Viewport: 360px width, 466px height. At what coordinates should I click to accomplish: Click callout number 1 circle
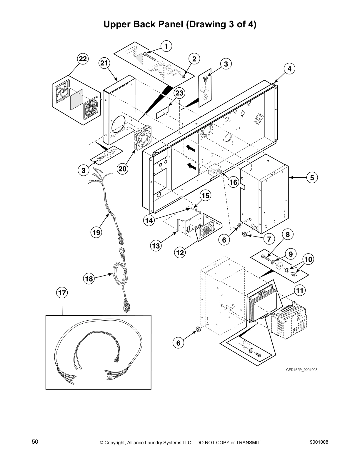(x=166, y=46)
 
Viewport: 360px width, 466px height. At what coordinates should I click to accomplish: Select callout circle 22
(x=83, y=59)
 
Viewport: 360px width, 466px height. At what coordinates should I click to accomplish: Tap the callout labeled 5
(x=312, y=177)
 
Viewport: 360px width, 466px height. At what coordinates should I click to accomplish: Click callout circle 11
(x=300, y=291)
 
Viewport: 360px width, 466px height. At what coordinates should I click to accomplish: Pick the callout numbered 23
(x=179, y=93)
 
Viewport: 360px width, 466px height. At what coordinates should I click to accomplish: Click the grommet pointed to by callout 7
(x=244, y=234)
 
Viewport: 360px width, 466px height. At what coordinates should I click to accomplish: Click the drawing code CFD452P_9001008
(x=302, y=370)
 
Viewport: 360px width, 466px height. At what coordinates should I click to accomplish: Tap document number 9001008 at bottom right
(x=319, y=442)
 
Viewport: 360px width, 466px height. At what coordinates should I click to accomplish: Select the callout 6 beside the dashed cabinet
(x=178, y=343)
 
